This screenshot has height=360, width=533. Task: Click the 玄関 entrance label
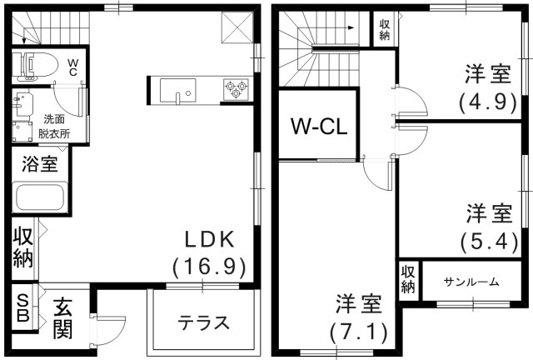coord(62,319)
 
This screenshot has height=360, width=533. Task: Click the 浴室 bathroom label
coord(39,164)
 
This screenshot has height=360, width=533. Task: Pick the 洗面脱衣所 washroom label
coord(53,126)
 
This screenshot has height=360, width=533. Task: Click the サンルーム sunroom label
coord(471,282)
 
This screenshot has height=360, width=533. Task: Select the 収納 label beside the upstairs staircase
coord(384,30)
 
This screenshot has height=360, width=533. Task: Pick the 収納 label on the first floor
coord(22,247)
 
